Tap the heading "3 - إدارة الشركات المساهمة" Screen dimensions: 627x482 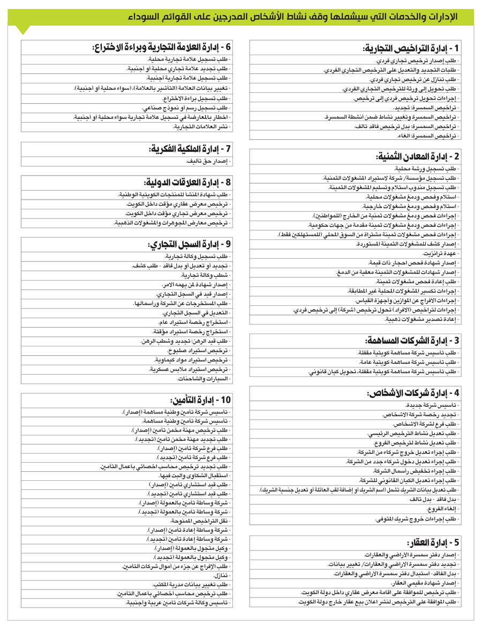click(412, 341)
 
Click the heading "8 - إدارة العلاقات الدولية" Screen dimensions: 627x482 click(187, 182)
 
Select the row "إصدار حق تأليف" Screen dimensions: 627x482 click(209, 161)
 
